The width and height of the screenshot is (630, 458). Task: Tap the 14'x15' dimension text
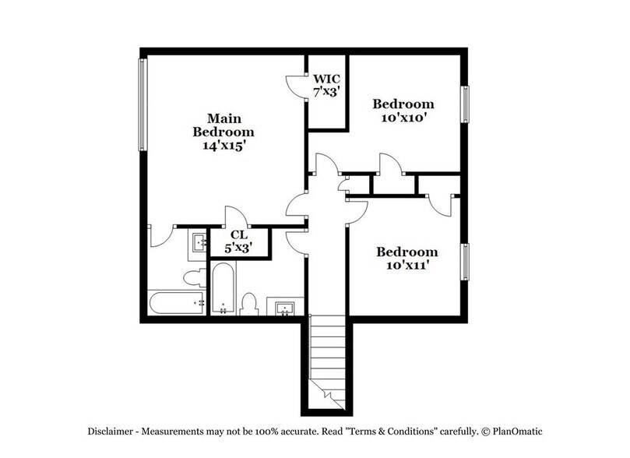click(224, 144)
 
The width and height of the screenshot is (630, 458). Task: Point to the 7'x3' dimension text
click(325, 92)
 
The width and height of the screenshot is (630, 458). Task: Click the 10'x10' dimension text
click(403, 118)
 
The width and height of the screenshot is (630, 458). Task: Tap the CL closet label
click(239, 234)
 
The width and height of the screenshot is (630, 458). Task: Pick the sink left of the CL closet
click(199, 244)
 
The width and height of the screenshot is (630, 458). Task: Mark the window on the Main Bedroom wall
click(143, 105)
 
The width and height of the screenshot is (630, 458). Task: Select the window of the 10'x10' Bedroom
click(466, 103)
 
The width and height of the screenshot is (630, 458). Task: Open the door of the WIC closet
click(294, 83)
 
